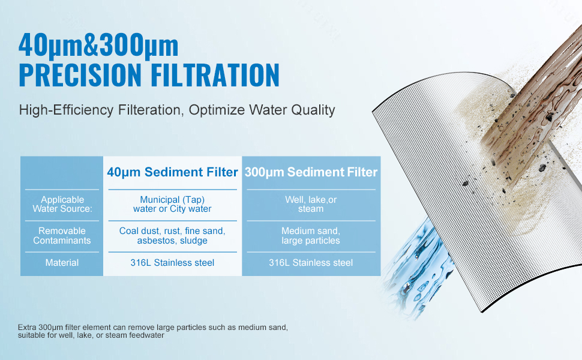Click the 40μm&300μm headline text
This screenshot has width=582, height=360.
click(98, 46)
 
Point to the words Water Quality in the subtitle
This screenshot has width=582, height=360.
click(292, 110)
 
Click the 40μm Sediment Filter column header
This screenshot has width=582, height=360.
click(172, 172)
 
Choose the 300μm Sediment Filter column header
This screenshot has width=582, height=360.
click(311, 172)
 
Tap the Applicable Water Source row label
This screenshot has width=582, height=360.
click(62, 204)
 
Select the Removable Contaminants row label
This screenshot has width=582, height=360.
click(62, 236)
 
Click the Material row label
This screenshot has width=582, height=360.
click(62, 263)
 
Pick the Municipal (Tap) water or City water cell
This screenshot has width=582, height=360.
click(172, 204)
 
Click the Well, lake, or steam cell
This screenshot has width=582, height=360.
click(311, 204)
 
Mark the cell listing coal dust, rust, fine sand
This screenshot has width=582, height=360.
click(172, 236)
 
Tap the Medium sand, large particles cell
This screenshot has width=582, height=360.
click(311, 236)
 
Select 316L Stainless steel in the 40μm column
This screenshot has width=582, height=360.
click(172, 263)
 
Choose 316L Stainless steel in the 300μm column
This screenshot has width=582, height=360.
click(311, 263)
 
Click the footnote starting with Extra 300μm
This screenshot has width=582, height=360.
click(152, 331)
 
